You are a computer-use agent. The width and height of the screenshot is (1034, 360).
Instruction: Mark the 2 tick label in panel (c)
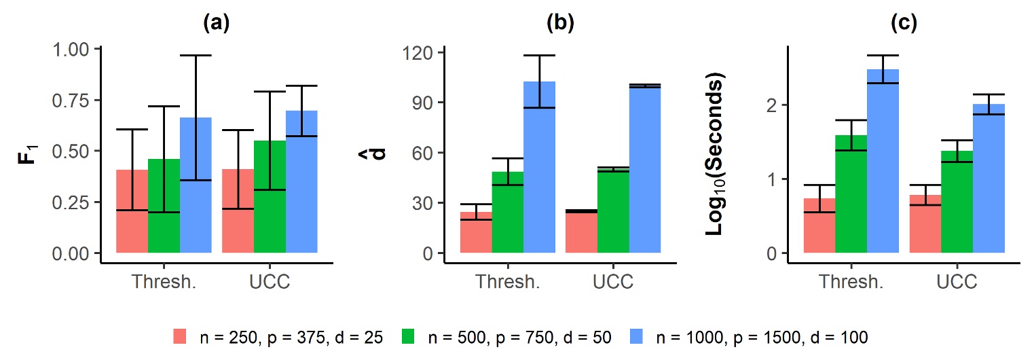tap(773, 105)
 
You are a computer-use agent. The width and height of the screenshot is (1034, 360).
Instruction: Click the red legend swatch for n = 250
tap(179, 336)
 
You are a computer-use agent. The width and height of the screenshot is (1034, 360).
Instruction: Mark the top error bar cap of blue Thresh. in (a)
tap(196, 55)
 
